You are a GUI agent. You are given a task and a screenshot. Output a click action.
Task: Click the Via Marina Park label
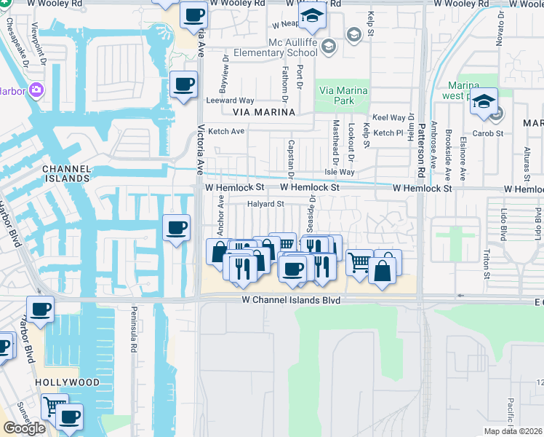click(343, 96)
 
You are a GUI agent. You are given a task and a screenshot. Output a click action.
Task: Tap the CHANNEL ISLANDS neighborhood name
click(66, 173)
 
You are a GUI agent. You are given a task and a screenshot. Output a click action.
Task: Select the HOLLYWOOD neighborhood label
click(66, 382)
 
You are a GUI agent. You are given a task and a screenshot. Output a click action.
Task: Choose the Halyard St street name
click(265, 204)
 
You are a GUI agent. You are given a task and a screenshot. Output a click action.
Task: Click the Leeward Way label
click(230, 101)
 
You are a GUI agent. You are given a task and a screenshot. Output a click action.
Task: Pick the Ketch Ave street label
click(226, 132)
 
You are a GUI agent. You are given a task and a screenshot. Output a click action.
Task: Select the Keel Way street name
click(388, 117)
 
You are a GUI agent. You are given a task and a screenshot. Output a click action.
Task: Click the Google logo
click(25, 428)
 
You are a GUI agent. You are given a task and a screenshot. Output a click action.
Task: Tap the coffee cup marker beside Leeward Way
click(183, 84)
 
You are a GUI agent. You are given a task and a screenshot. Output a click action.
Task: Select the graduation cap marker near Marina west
click(483, 102)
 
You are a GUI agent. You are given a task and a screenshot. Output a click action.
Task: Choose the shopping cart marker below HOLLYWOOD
click(54, 406)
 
